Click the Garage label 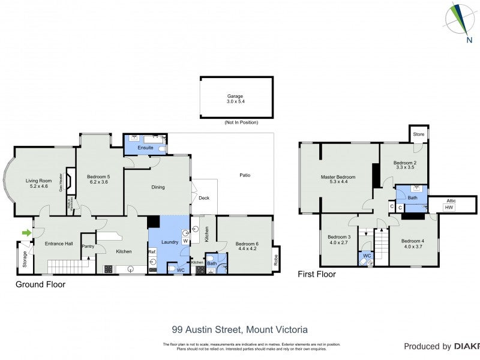click(x=235, y=96)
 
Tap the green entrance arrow click(x=26, y=233)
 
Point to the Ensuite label click(x=145, y=147)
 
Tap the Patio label click(x=245, y=175)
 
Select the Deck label click(x=204, y=197)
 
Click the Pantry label click(x=88, y=245)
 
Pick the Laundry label click(x=170, y=241)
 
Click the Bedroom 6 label click(x=247, y=244)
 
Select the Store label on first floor click(x=419, y=134)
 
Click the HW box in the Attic click(x=448, y=207)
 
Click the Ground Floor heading click(x=40, y=284)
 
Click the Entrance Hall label click(x=59, y=244)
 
